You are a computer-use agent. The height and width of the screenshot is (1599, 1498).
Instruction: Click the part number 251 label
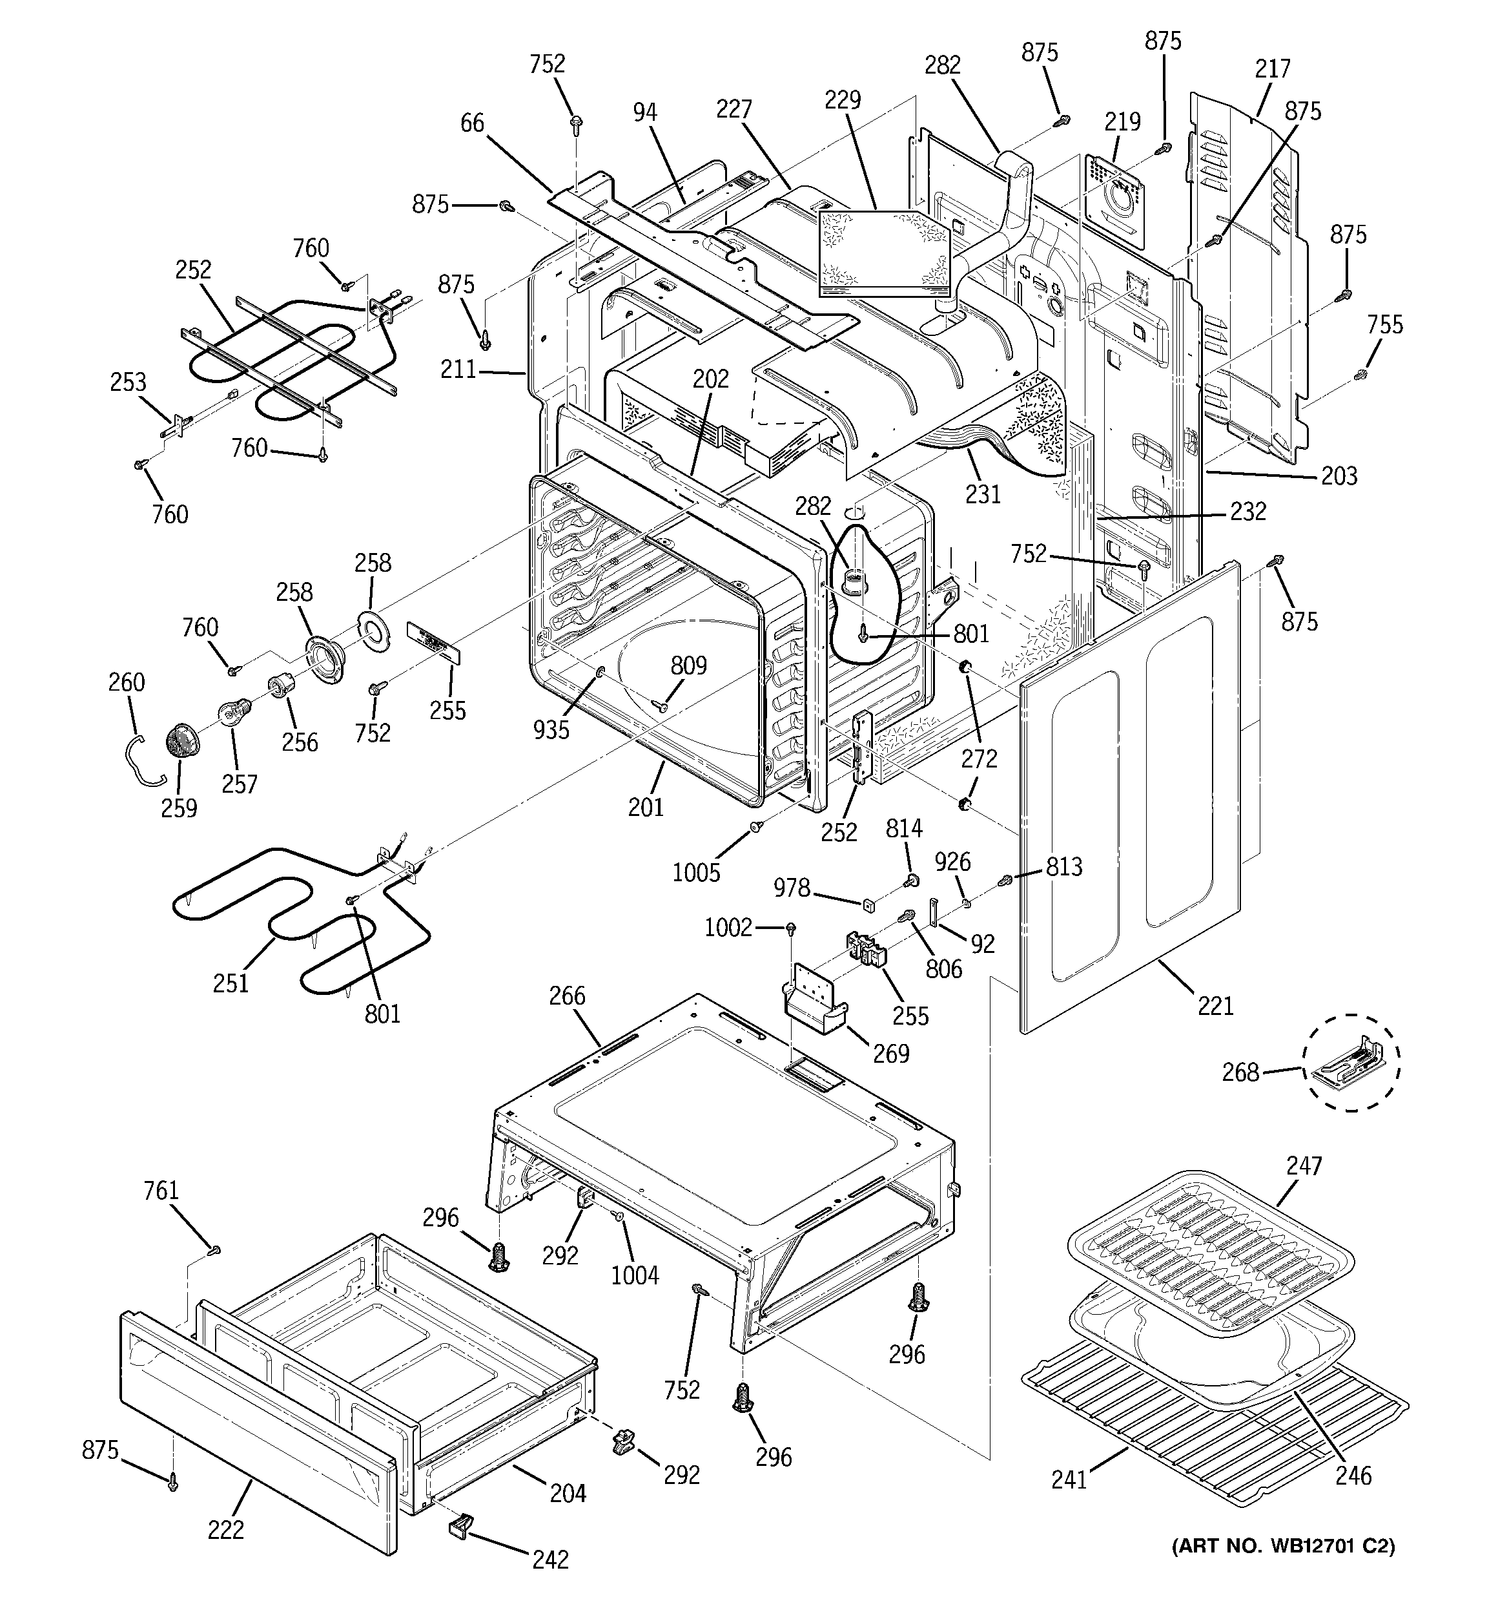click(231, 982)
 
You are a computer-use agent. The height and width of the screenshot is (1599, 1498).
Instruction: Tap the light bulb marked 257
click(234, 712)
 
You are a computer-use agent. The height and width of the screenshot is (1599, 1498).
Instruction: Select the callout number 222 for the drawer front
click(226, 1529)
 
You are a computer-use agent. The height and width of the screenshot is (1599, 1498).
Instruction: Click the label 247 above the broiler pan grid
click(1304, 1165)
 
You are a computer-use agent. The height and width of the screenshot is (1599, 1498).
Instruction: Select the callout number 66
click(472, 123)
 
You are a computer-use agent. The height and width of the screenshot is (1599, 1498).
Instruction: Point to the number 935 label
click(551, 729)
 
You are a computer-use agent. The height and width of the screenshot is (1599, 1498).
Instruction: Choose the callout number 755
click(1384, 324)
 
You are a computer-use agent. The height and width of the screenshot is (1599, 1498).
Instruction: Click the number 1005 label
click(696, 873)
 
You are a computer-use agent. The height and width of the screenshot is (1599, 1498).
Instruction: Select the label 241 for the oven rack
click(1069, 1479)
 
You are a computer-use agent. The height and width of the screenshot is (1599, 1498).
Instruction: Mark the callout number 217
click(1273, 68)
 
